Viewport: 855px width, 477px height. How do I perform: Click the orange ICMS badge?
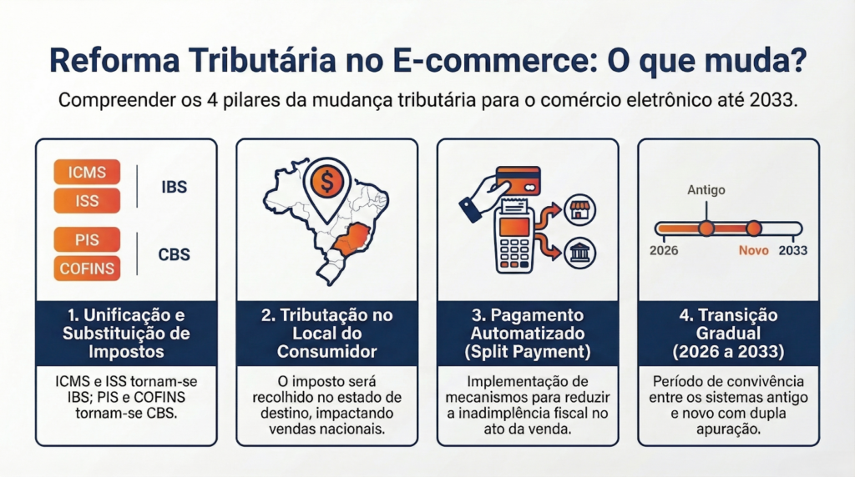tap(87, 172)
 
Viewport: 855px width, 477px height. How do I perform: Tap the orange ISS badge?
tap(87, 200)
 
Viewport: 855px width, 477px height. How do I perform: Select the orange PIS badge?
tap(87, 239)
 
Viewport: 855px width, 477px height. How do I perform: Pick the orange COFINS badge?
tap(87, 268)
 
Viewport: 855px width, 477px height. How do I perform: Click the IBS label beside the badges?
tap(174, 187)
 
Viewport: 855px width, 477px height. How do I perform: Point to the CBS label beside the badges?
tap(174, 254)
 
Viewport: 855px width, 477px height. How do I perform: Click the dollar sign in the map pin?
tap(327, 182)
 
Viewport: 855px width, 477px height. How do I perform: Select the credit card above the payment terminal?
tap(518, 181)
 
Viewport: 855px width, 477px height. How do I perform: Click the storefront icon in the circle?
tap(579, 209)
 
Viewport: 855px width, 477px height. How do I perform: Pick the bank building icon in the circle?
tap(579, 254)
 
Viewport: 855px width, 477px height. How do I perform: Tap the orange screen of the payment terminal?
tap(514, 227)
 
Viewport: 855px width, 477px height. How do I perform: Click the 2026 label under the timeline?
tap(664, 250)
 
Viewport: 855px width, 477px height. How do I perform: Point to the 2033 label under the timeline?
tap(793, 250)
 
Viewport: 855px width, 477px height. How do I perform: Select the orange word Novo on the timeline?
tap(754, 250)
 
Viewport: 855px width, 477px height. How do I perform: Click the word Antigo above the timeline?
tap(706, 190)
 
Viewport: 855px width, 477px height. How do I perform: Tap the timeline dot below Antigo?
tap(706, 228)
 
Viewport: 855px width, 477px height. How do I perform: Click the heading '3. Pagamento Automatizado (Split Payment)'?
tap(528, 334)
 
